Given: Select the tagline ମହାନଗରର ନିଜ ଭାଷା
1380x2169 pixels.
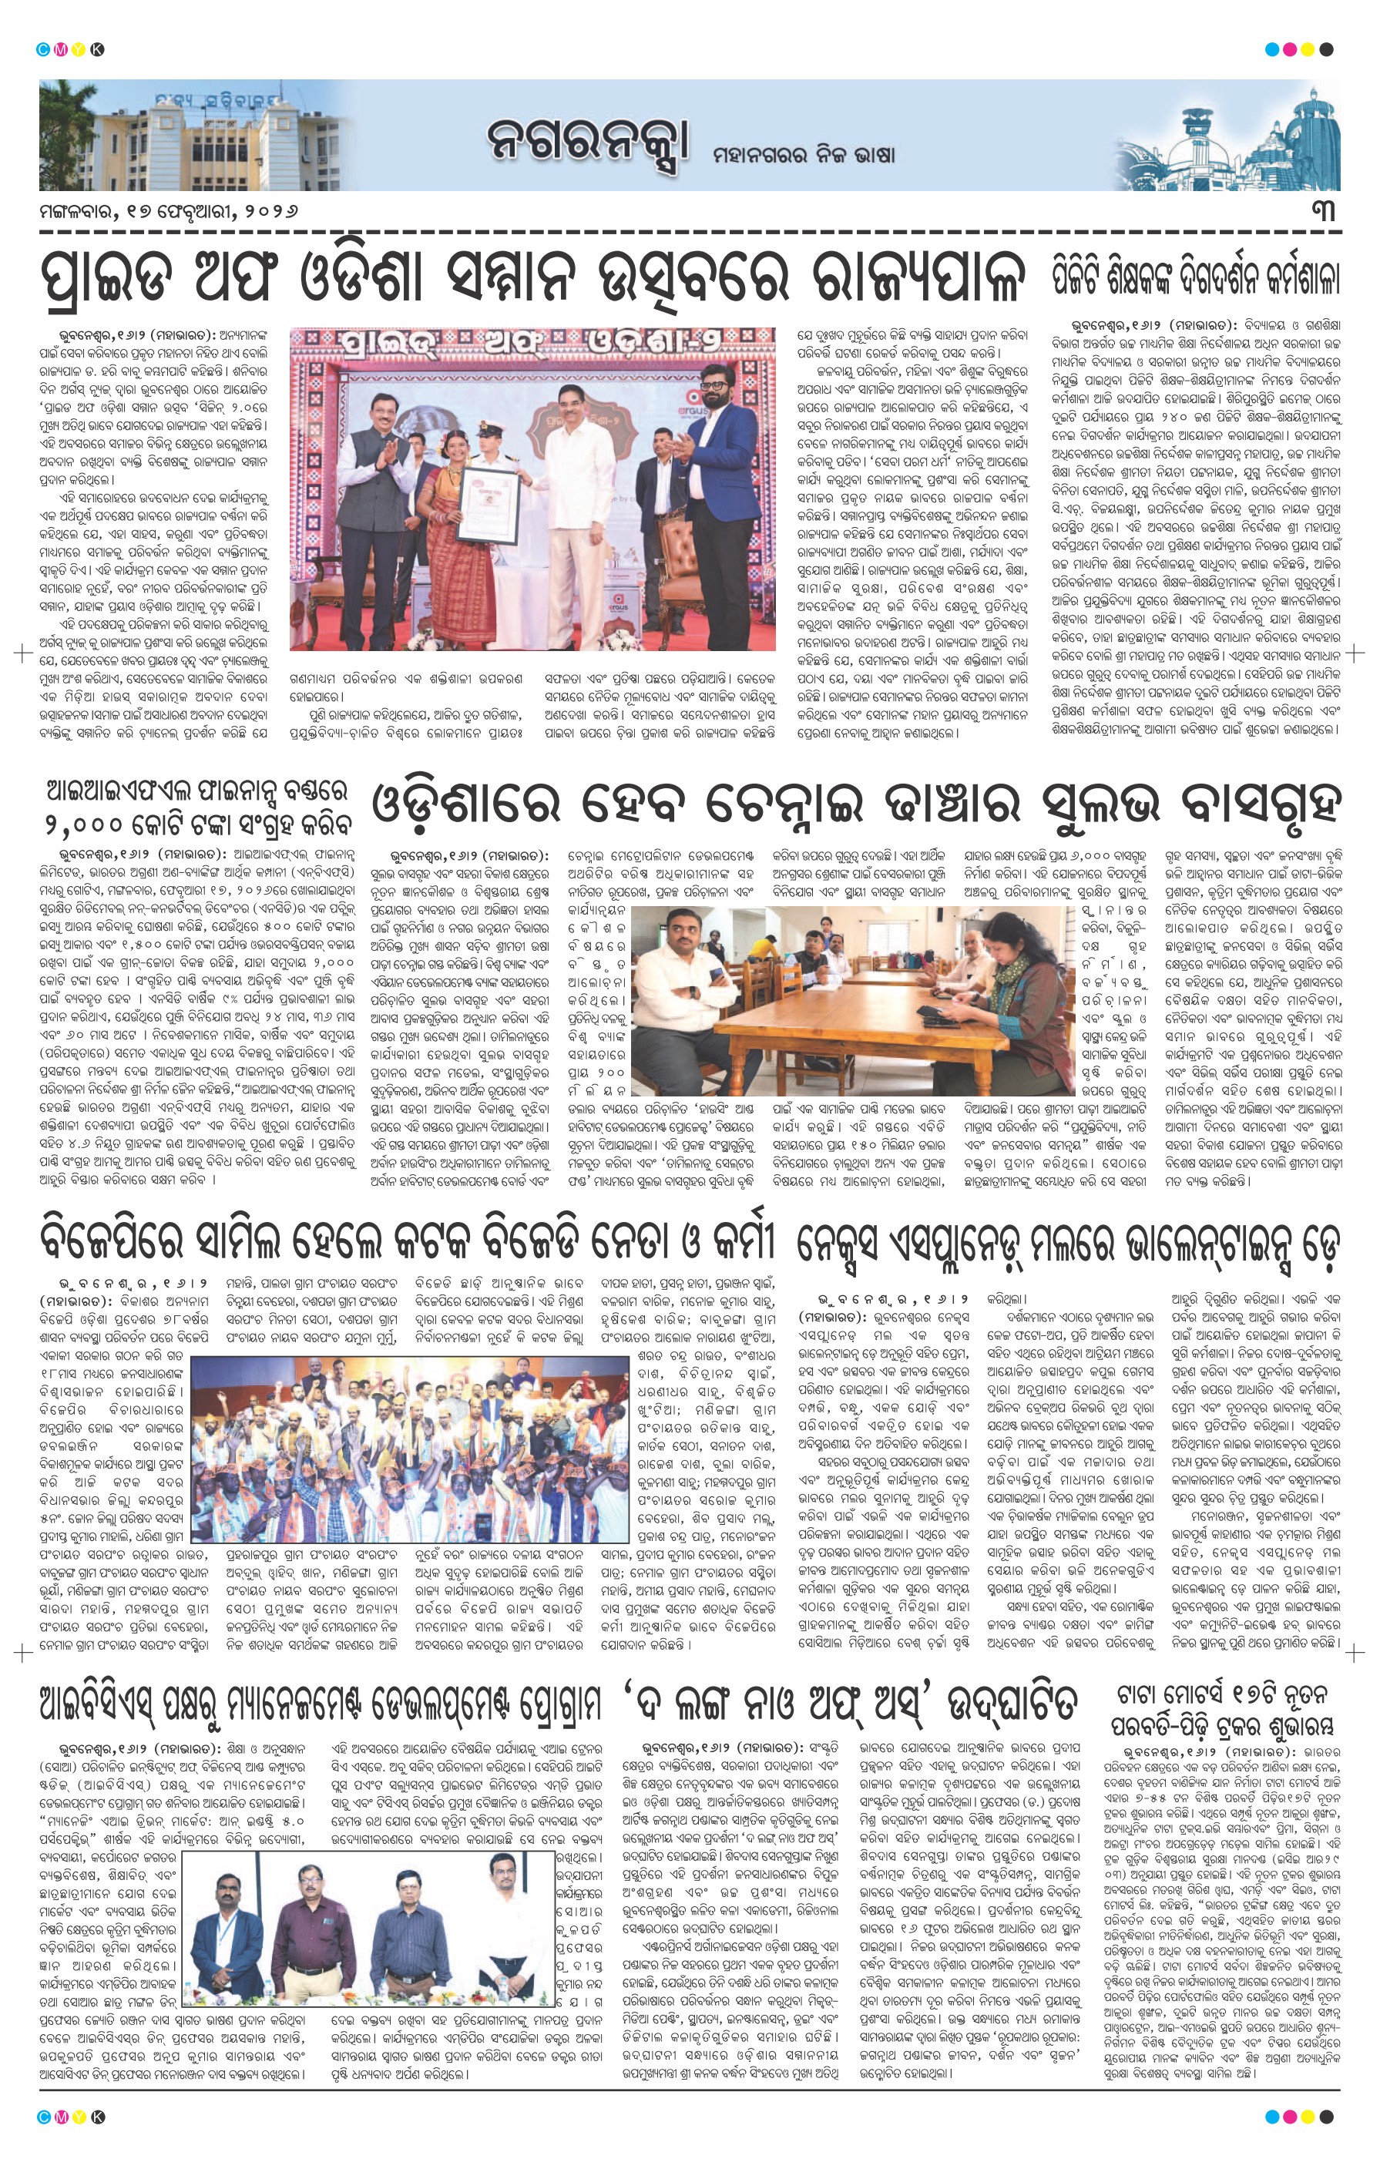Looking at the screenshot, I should coord(804,154).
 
